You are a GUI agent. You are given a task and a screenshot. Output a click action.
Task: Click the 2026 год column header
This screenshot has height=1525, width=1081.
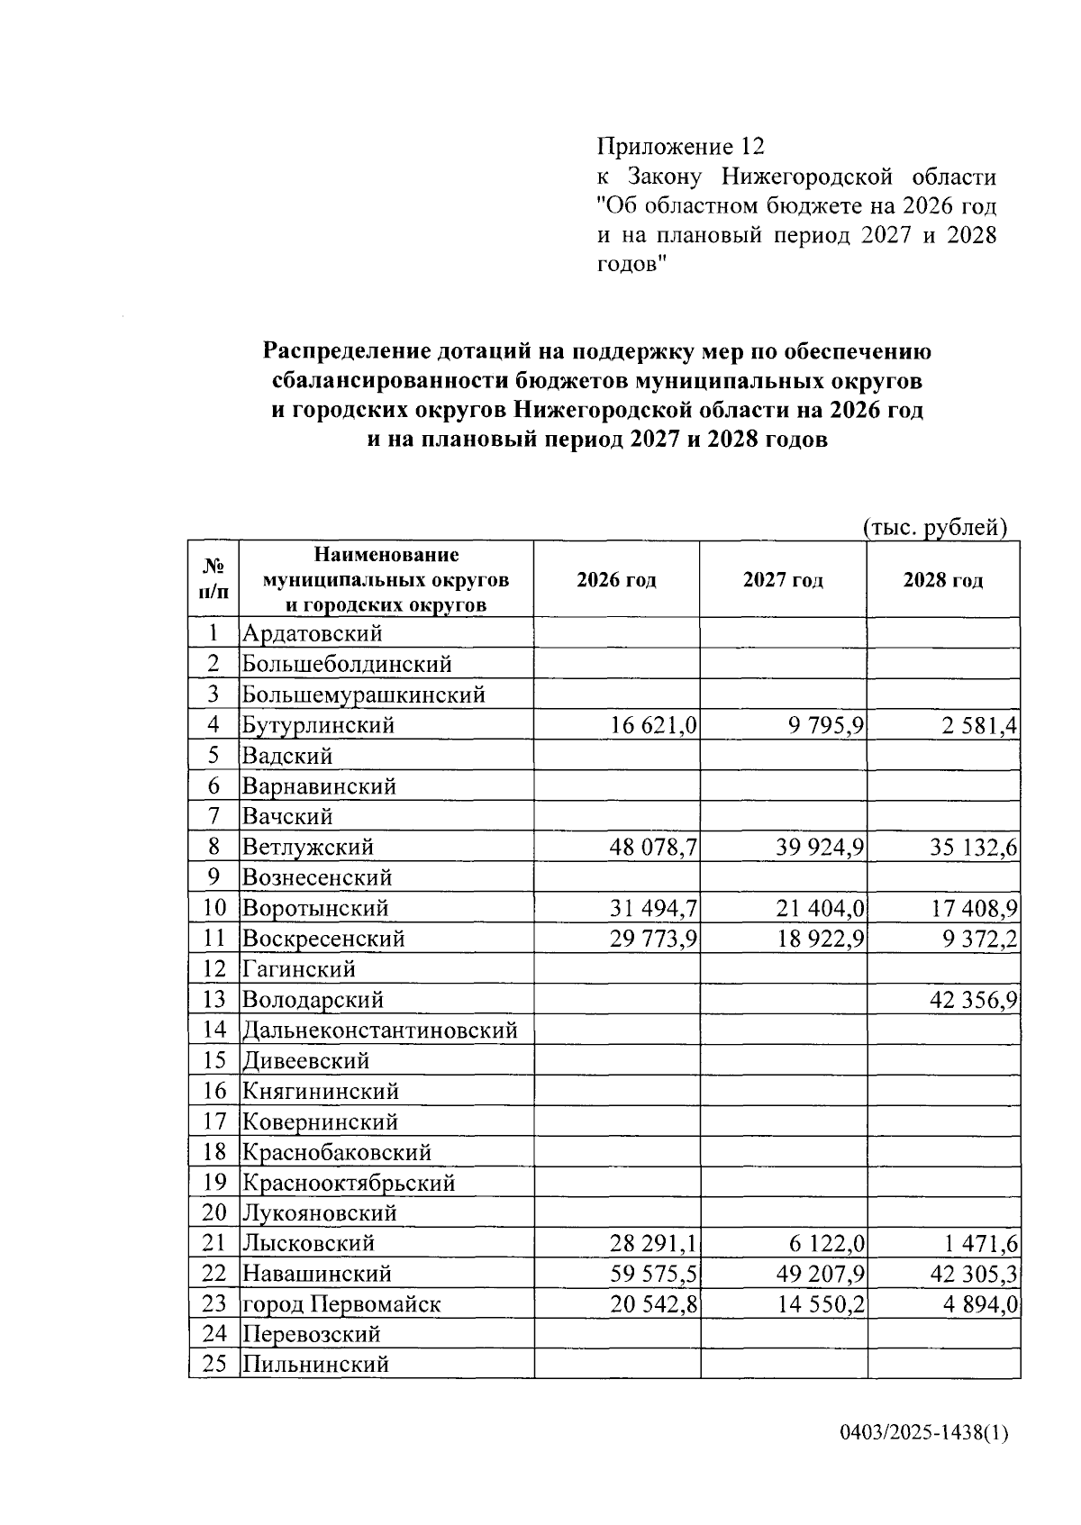[616, 580]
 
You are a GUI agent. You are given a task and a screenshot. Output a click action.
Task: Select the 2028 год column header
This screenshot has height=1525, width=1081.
[943, 580]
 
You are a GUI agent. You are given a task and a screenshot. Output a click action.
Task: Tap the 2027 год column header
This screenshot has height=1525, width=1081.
[783, 580]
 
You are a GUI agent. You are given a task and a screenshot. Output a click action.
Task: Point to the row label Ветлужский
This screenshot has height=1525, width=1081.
[307, 847]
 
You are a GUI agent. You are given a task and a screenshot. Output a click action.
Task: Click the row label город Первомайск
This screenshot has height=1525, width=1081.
[341, 1304]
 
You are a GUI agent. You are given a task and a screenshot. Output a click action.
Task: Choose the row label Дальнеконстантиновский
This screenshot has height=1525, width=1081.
[379, 1030]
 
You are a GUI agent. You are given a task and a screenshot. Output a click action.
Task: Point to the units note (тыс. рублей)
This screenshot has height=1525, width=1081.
[934, 528]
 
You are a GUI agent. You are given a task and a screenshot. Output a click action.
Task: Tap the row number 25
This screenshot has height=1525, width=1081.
[213, 1364]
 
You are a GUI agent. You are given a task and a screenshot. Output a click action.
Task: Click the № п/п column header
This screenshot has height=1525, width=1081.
[213, 579]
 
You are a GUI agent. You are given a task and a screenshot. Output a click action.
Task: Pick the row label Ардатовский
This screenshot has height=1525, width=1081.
[312, 633]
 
